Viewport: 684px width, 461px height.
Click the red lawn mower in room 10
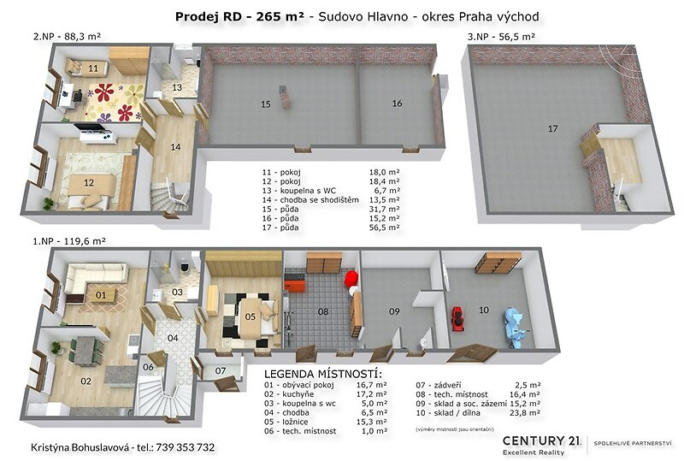(x=457, y=319)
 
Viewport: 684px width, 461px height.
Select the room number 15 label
(x=266, y=104)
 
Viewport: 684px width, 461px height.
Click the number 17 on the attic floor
(x=552, y=129)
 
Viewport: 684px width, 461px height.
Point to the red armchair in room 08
(x=351, y=279)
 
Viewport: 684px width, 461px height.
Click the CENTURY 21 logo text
(x=542, y=441)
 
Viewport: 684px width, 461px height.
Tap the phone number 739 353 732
(x=185, y=447)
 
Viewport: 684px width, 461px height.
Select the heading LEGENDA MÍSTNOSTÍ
(x=323, y=374)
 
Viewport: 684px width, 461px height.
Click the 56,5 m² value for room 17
(x=384, y=228)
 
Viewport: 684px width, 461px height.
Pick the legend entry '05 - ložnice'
(x=286, y=422)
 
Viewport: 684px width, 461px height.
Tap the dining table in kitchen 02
(x=86, y=349)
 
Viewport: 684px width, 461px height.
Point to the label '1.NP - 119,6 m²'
(x=69, y=240)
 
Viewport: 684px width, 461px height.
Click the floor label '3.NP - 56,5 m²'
(x=501, y=37)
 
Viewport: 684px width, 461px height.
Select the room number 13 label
(x=177, y=88)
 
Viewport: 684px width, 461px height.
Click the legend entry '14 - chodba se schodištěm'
(x=310, y=200)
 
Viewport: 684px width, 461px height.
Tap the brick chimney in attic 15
(x=285, y=98)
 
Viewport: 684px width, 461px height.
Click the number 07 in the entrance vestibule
(x=221, y=371)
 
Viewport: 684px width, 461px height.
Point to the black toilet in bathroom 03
(x=185, y=266)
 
